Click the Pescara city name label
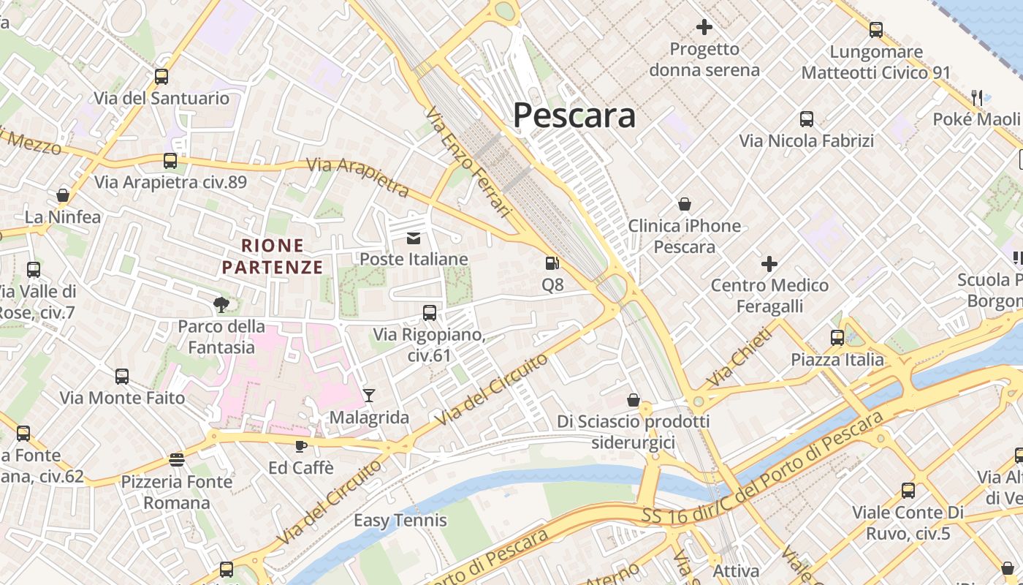tap(574, 116)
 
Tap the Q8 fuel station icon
tap(552, 263)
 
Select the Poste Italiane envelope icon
tap(414, 238)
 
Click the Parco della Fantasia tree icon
tap(221, 304)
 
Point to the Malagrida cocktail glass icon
tap(368, 396)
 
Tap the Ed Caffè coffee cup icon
tap(300, 445)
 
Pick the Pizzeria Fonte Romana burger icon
tap(176, 459)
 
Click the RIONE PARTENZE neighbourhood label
tap(272, 256)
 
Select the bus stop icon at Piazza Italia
tap(837, 338)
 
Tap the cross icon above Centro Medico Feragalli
tap(769, 263)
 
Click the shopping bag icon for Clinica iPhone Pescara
tap(684, 203)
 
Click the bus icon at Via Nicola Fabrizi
tap(807, 118)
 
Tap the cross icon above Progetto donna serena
tap(704, 27)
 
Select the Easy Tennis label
tap(400, 521)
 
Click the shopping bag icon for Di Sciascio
tap(633, 400)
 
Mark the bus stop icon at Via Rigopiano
tap(430, 313)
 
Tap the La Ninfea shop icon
tap(63, 195)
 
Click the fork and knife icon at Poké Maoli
tap(977, 97)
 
